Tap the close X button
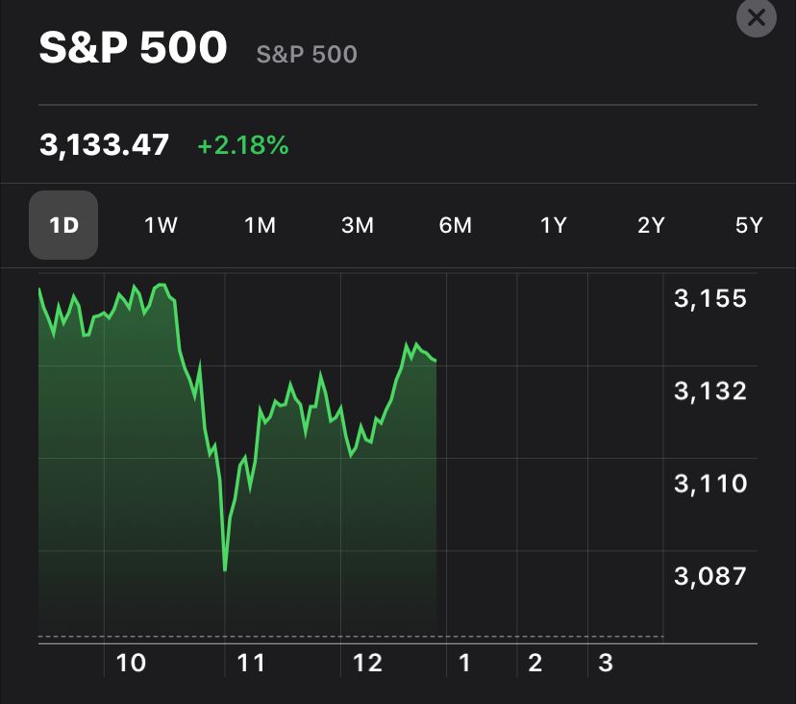coord(756,17)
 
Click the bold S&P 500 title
coord(133,49)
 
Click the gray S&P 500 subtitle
coord(307,54)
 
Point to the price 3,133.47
coord(104,145)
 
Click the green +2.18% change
coord(242,146)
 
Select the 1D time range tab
coord(63,225)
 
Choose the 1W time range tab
coord(162,225)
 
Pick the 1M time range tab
coord(260,225)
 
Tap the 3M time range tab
coord(358,225)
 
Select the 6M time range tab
coord(456,225)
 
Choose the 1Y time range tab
coord(554,225)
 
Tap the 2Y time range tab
coord(651,225)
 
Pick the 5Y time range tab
coord(749,225)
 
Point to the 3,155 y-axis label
coord(710,298)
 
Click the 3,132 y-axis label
coord(710,390)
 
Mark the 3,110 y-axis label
coord(710,483)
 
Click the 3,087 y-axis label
coord(710,575)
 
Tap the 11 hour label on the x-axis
coord(251,663)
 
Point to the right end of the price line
coord(435,361)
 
